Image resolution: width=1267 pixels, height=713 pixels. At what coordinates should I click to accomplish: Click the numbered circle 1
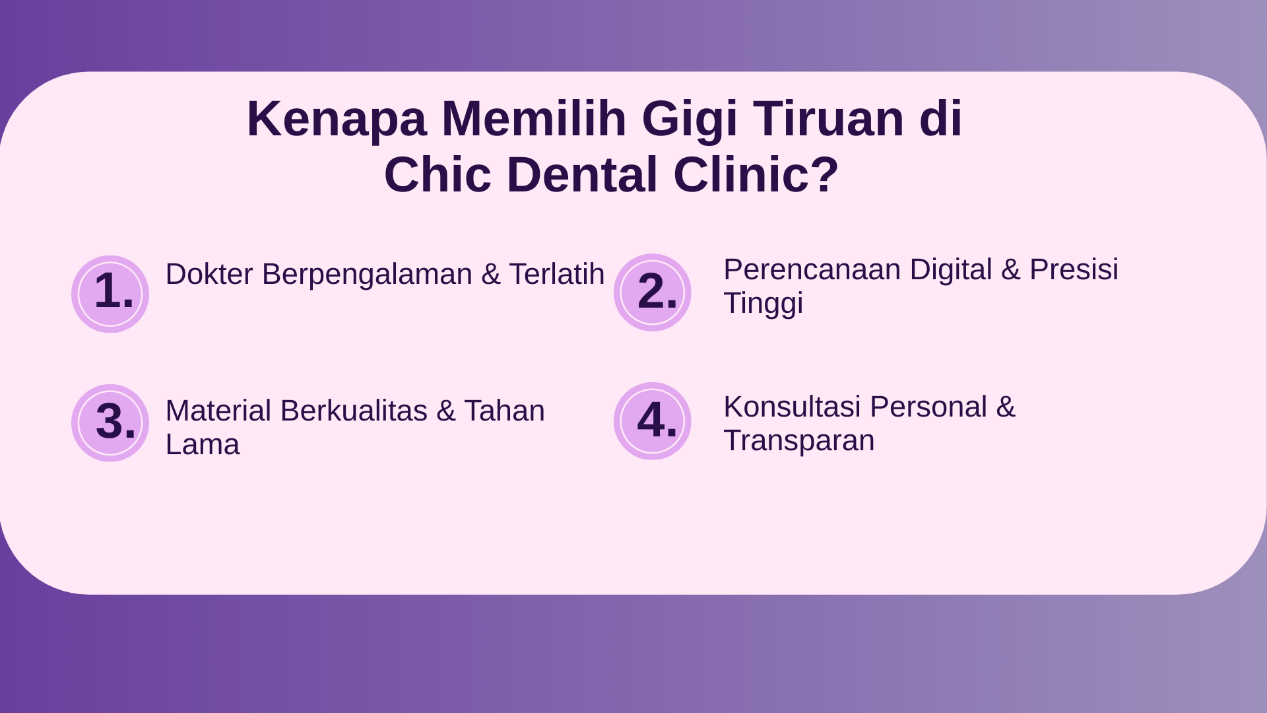coord(110,294)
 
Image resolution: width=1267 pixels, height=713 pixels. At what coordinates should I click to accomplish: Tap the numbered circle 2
coord(653,292)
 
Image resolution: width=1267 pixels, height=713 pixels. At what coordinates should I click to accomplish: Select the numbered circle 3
coord(110,423)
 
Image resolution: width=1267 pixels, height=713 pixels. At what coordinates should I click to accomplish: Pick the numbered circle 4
coord(653,421)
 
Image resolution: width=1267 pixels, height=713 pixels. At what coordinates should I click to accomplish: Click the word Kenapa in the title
coord(337,119)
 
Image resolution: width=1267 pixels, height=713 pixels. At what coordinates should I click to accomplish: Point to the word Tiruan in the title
coord(829,118)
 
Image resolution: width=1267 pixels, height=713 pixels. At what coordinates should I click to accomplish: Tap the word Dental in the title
coord(583,175)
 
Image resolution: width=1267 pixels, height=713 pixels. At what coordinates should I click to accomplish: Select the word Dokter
coord(209,273)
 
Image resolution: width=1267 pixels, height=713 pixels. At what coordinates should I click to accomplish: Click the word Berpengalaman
coord(367,275)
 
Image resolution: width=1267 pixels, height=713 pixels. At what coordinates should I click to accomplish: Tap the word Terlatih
coord(556,273)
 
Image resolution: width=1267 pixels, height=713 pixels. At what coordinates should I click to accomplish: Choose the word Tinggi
coord(763,304)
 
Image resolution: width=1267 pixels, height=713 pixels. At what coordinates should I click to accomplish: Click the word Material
coord(218,411)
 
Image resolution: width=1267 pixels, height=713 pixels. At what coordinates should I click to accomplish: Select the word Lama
coord(203,444)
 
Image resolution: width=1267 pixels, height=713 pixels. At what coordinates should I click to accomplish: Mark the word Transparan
coord(799,441)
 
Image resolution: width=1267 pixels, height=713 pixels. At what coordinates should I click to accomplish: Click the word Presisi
coord(1074,269)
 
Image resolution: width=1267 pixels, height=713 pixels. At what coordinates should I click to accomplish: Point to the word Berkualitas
coord(354,411)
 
